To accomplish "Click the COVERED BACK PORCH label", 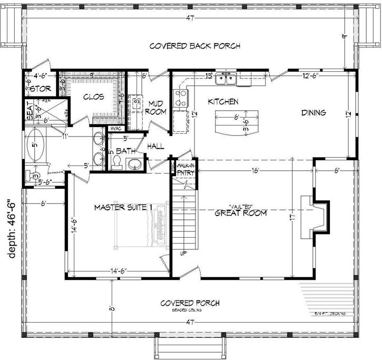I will [x=195, y=46].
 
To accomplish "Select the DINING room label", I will [x=314, y=112].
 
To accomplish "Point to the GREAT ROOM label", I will [x=241, y=213].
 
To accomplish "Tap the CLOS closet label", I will [x=94, y=97].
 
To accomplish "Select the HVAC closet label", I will [x=115, y=129].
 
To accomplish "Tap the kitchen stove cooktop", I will [x=181, y=98].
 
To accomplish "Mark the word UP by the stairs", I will [x=183, y=253].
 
